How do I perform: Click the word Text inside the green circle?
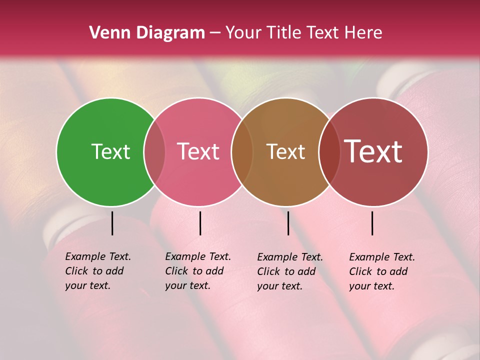click(110, 151)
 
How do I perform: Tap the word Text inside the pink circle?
click(198, 151)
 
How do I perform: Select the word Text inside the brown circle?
click(285, 151)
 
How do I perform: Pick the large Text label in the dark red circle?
click(373, 151)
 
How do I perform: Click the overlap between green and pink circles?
click(154, 151)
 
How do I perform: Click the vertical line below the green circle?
click(112, 223)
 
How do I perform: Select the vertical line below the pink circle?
click(200, 223)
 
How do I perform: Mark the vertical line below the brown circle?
click(288, 223)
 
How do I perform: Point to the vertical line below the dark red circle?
click(372, 223)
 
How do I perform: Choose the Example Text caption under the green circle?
click(97, 271)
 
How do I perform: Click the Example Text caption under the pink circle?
click(197, 271)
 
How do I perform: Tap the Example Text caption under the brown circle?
click(289, 271)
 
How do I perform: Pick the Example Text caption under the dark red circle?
click(381, 271)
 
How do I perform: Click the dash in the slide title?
click(215, 33)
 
